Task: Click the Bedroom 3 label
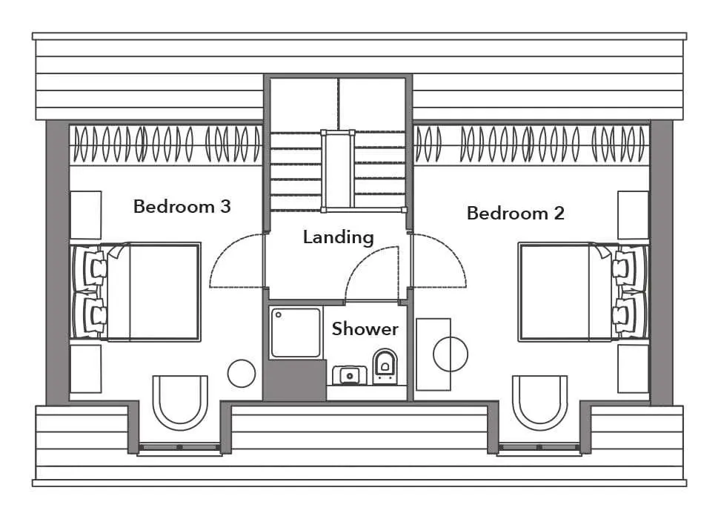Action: [182, 206]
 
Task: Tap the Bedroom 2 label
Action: [515, 213]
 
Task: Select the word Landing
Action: [338, 238]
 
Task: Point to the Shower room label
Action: [365, 328]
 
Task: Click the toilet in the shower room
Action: [385, 366]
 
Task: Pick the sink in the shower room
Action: [350, 376]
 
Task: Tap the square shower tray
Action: [295, 332]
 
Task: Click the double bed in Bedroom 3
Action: [136, 292]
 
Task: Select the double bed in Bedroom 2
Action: [582, 292]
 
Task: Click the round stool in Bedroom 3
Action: [242, 374]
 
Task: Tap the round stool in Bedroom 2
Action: [451, 354]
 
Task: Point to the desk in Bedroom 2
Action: [433, 354]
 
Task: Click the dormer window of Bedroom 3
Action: [180, 447]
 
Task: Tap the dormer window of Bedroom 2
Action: [539, 447]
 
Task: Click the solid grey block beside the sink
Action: [295, 380]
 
